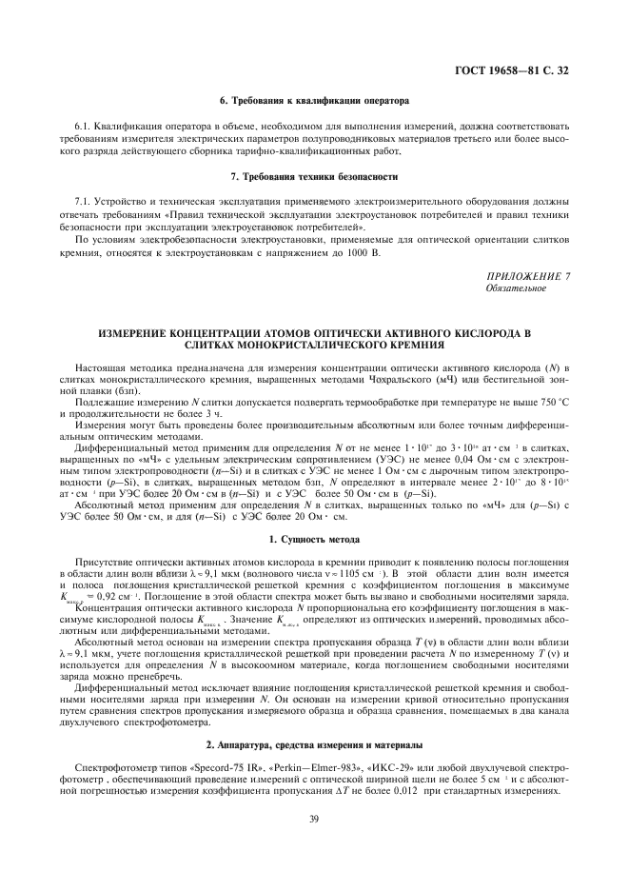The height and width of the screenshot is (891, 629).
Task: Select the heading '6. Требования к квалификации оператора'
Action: [314, 100]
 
